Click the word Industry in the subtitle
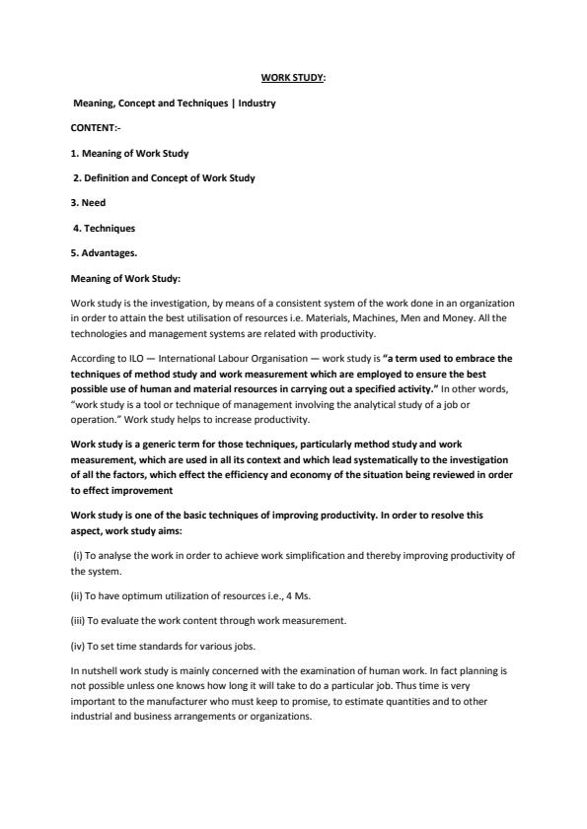(257, 103)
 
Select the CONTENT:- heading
(96, 128)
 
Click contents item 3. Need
(89, 203)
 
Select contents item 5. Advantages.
(105, 253)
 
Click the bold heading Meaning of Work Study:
(125, 279)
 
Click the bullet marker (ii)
(79, 594)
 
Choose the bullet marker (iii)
(80, 620)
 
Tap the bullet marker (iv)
(80, 645)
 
